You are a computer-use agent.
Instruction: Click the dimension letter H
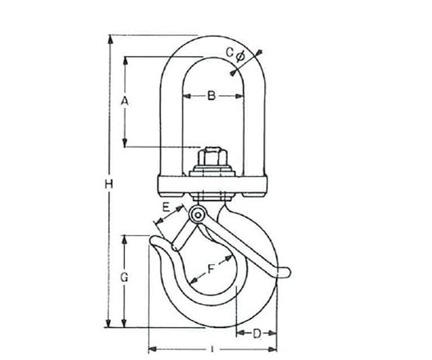(109, 184)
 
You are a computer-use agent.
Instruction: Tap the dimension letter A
(125, 102)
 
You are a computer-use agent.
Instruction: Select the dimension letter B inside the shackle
(211, 96)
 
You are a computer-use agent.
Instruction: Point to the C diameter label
(235, 54)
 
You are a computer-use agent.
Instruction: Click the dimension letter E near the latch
(166, 207)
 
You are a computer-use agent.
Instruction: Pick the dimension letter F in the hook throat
(211, 269)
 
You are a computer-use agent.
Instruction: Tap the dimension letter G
(125, 278)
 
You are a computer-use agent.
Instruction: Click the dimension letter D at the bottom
(257, 334)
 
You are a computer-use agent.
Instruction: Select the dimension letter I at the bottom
(212, 350)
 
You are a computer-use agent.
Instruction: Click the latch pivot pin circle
(198, 215)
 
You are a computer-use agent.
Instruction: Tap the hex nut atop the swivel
(213, 157)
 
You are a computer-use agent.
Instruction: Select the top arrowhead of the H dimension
(110, 39)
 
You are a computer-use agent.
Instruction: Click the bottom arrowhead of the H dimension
(109, 323)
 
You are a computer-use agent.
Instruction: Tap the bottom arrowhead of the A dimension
(125, 142)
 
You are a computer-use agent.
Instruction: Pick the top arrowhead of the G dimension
(125, 240)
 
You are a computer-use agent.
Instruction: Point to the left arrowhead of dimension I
(153, 350)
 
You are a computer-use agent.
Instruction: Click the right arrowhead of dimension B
(239, 96)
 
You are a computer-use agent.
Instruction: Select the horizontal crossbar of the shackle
(213, 186)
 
